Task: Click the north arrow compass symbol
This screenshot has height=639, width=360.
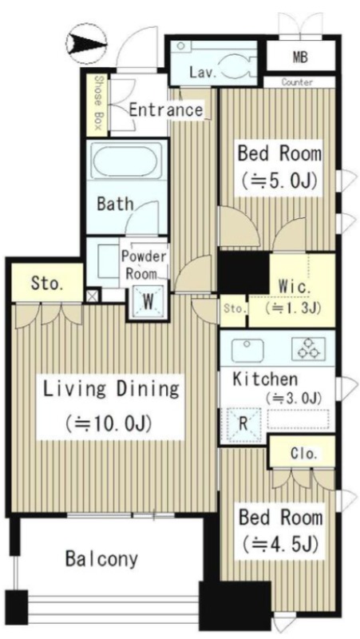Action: pos(86,43)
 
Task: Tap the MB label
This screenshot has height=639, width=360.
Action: pos(300,58)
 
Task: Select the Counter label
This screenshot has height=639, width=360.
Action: pos(297,82)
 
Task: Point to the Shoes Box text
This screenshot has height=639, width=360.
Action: pos(97,103)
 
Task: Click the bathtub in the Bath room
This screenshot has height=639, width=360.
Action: pos(127,161)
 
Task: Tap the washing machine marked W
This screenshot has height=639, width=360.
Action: pos(148,302)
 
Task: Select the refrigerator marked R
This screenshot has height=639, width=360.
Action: pos(243,425)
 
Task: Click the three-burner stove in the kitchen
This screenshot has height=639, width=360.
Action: pos(309,349)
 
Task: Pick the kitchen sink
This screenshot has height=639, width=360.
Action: pos(247,349)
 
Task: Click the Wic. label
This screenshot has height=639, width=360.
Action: pos(295,287)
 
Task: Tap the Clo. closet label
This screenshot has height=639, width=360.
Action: pos(304,454)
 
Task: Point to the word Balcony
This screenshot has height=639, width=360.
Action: pos(102,559)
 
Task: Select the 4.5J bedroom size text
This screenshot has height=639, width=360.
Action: pos(279,544)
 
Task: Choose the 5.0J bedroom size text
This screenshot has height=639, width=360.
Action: pos(279,181)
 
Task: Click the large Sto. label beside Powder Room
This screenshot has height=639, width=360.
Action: pos(47,284)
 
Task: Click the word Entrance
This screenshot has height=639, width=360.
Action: pos(166,110)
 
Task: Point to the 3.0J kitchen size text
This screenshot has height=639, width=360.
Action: pos(294,398)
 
